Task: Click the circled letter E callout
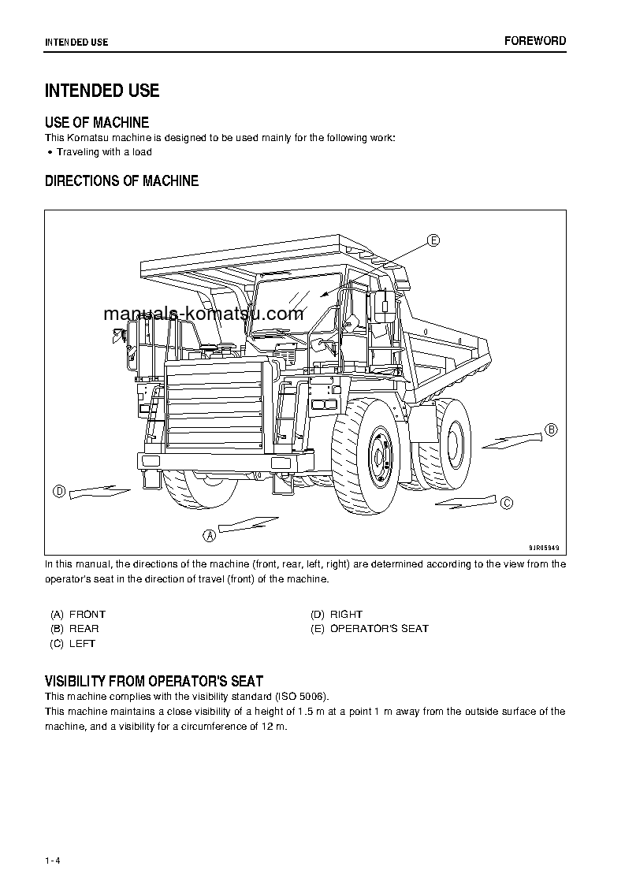tap(433, 240)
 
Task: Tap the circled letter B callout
tap(552, 429)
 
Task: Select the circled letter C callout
tap(507, 503)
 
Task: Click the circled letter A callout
tap(210, 535)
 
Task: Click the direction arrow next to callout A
tap(248, 523)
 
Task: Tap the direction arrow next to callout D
tap(99, 492)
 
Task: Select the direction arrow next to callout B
tap(512, 440)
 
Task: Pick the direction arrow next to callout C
tap(465, 501)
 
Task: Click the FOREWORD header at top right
tap(535, 41)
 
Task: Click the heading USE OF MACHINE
tap(97, 122)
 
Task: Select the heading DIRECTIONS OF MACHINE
tap(121, 181)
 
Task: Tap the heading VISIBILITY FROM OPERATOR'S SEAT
tap(154, 681)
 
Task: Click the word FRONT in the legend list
tap(87, 614)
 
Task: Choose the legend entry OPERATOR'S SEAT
tap(379, 629)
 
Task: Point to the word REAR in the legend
tap(84, 629)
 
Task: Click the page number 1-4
tap(53, 860)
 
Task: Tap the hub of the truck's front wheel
tap(378, 457)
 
